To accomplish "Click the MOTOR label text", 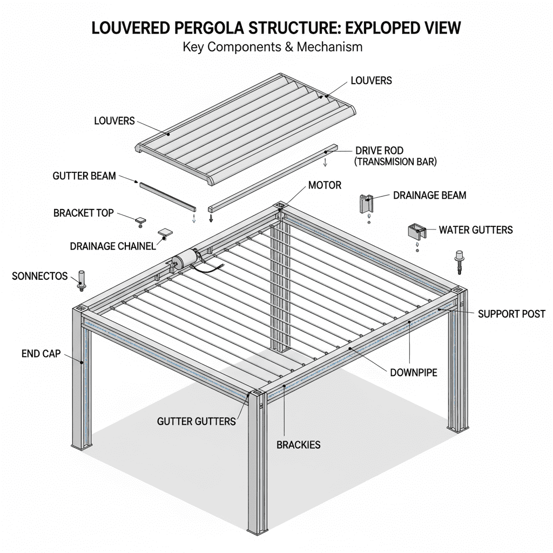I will tap(325, 185).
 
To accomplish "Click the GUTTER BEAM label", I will tap(84, 176).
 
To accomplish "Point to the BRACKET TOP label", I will tap(84, 213).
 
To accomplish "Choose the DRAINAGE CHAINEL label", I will tap(113, 246).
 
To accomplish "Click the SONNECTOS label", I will tap(39, 276).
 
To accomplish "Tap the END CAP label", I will tap(38, 354).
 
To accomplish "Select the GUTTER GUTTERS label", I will tap(196, 421).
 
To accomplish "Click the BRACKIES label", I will tap(298, 445).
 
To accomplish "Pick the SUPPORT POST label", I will tap(511, 314).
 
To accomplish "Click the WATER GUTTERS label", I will tap(475, 230).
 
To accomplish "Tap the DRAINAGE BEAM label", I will tap(429, 195).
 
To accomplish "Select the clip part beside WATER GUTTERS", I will tap(416, 231).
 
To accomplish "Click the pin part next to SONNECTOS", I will tap(82, 279).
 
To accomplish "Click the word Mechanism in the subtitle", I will tap(331, 47).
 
